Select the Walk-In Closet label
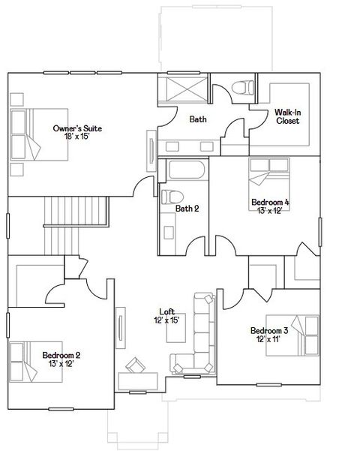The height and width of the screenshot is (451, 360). (288, 116)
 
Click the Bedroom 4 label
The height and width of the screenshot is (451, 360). (270, 202)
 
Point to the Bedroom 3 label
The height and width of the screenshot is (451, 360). (269, 330)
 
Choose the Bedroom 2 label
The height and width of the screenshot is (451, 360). (61, 355)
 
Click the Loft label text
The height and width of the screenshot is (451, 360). (166, 311)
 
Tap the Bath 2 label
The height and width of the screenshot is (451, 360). (187, 209)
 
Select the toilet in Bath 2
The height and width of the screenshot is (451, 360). (168, 199)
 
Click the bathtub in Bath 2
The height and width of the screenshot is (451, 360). (185, 170)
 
